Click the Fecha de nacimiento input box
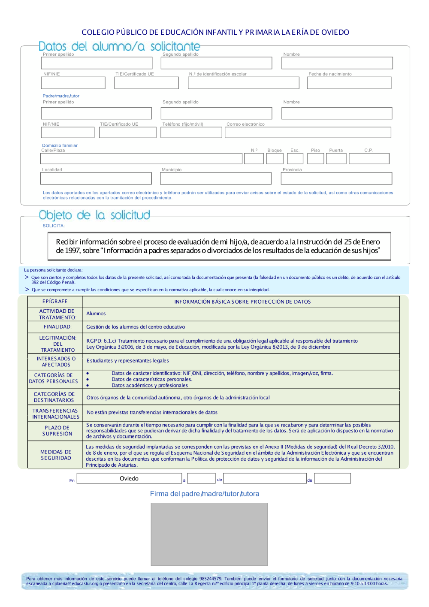[349, 83]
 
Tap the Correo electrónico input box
[308, 133]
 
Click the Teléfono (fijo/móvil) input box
[191, 133]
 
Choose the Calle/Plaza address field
[141, 159]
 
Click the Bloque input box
[275, 159]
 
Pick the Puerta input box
[336, 159]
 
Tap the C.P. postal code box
[369, 159]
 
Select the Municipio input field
[216, 178]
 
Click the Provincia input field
[336, 178]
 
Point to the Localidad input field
[97, 178]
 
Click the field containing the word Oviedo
[129, 478]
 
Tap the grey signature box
[209, 534]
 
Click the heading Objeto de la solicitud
[94, 215]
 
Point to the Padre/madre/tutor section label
[61, 96]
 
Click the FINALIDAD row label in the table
[57, 327]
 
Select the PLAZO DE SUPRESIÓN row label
[57, 431]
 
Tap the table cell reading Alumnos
[96, 314]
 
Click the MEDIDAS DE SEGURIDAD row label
[56, 455]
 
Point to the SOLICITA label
[54, 226]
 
